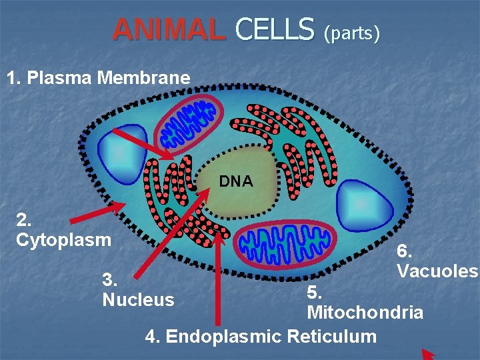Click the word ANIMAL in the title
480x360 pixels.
(168, 29)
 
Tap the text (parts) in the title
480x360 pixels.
(351, 33)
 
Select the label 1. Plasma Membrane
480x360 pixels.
(98, 78)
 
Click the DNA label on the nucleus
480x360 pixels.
(236, 181)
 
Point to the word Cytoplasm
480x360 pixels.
(63, 239)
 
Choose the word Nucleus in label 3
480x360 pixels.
(138, 300)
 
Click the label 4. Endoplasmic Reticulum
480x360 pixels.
(261, 336)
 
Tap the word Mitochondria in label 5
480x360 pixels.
(365, 312)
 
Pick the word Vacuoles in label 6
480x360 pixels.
(437, 271)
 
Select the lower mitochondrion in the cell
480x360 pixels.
(280, 243)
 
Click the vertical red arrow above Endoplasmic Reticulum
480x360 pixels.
(219, 273)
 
